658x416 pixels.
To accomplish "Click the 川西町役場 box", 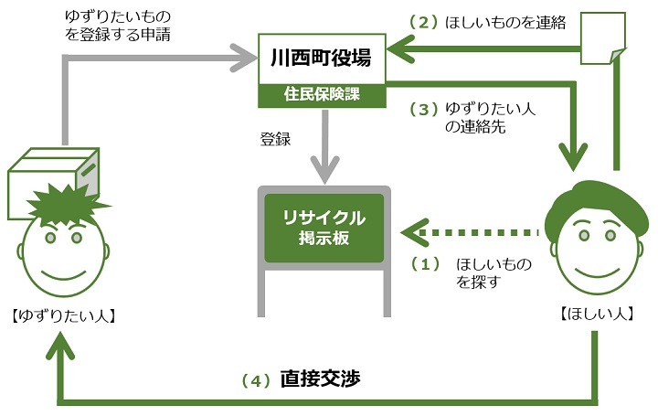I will [321, 59].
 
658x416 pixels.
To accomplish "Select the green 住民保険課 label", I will [321, 94].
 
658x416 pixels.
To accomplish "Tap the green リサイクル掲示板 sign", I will [324, 228].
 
